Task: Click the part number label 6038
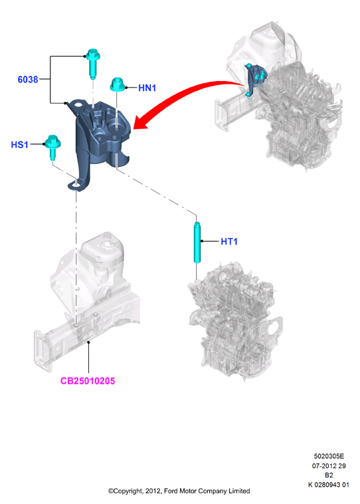point(28,80)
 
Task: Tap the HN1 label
point(147,88)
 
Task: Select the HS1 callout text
point(20,145)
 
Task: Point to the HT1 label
point(229,242)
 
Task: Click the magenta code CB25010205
point(88,381)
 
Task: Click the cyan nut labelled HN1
point(118,84)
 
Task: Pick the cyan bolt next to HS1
point(52,147)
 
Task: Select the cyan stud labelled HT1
point(197,242)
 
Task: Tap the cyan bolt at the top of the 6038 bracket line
point(93,63)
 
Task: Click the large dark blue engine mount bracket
point(100,138)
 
